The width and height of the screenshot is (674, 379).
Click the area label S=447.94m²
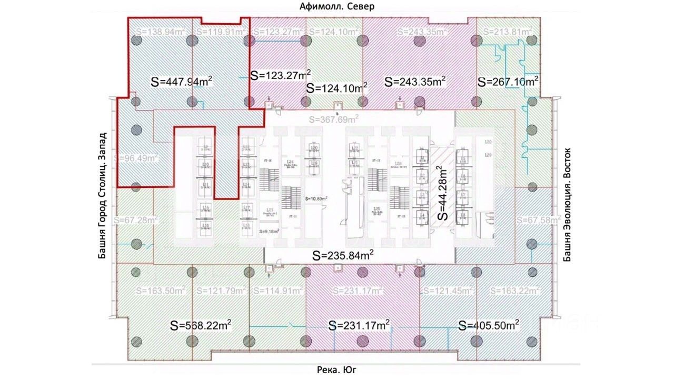[x=182, y=82]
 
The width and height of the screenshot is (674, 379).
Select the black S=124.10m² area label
[x=337, y=87]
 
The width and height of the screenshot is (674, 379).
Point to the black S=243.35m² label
[x=415, y=82]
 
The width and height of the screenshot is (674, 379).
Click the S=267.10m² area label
[x=508, y=82]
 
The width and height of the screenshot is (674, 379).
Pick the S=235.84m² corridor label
[x=343, y=256]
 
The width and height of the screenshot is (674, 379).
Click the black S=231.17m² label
[x=359, y=325]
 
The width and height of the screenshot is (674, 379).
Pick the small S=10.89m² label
[x=316, y=198]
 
